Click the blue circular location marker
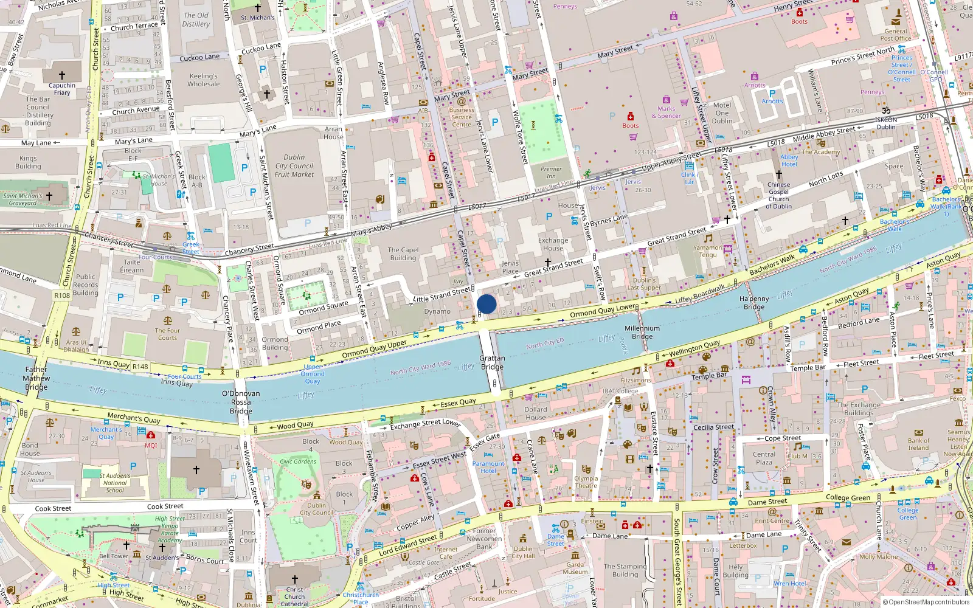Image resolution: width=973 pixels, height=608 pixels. [x=486, y=304]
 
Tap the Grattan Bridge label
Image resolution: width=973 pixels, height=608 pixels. [x=492, y=362]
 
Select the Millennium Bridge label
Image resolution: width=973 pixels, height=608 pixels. [x=642, y=332]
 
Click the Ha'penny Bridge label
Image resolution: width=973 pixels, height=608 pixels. [x=754, y=303]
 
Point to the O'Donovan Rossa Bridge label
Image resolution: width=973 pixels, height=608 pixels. [x=241, y=402]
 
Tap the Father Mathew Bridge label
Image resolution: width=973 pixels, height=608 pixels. [x=36, y=378]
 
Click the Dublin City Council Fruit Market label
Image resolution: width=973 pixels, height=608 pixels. [x=294, y=165]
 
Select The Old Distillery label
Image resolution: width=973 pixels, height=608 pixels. [x=196, y=19]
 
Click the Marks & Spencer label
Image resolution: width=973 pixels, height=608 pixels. [x=667, y=112]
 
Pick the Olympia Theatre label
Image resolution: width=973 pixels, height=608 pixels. [x=586, y=482]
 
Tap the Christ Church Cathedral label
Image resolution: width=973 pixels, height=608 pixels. [x=294, y=596]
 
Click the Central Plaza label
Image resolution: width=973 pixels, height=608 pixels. [x=764, y=458]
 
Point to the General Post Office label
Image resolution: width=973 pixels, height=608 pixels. [x=896, y=35]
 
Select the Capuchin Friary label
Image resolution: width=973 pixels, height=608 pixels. [x=62, y=89]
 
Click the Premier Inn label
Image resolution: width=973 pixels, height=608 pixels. [x=551, y=172]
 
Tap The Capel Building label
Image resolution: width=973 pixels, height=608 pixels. [x=403, y=254]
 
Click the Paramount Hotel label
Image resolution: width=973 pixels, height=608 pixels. [x=488, y=467]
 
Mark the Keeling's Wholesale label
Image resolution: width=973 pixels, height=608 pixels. [x=204, y=80]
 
